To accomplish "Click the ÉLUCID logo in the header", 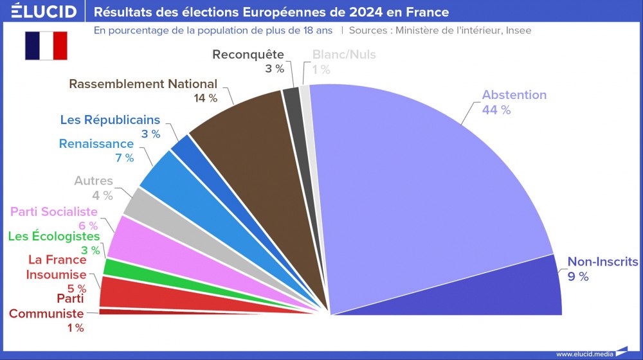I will pyautogui.click(x=39, y=12).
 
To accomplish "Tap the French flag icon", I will pyautogui.click(x=46, y=45).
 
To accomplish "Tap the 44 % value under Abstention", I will pyautogui.click(x=496, y=110).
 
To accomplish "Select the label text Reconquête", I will pyautogui.click(x=248, y=55).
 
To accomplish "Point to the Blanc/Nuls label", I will pyautogui.click(x=344, y=55).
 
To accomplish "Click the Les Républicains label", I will pyautogui.click(x=110, y=120).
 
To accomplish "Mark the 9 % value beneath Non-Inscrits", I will pyautogui.click(x=577, y=276).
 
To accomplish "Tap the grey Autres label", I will pyautogui.click(x=93, y=181).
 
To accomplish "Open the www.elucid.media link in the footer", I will pyautogui.click(x=584, y=354).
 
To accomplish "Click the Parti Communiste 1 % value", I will pyautogui.click(x=75, y=328).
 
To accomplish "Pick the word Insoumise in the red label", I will pyautogui.click(x=56, y=274).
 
